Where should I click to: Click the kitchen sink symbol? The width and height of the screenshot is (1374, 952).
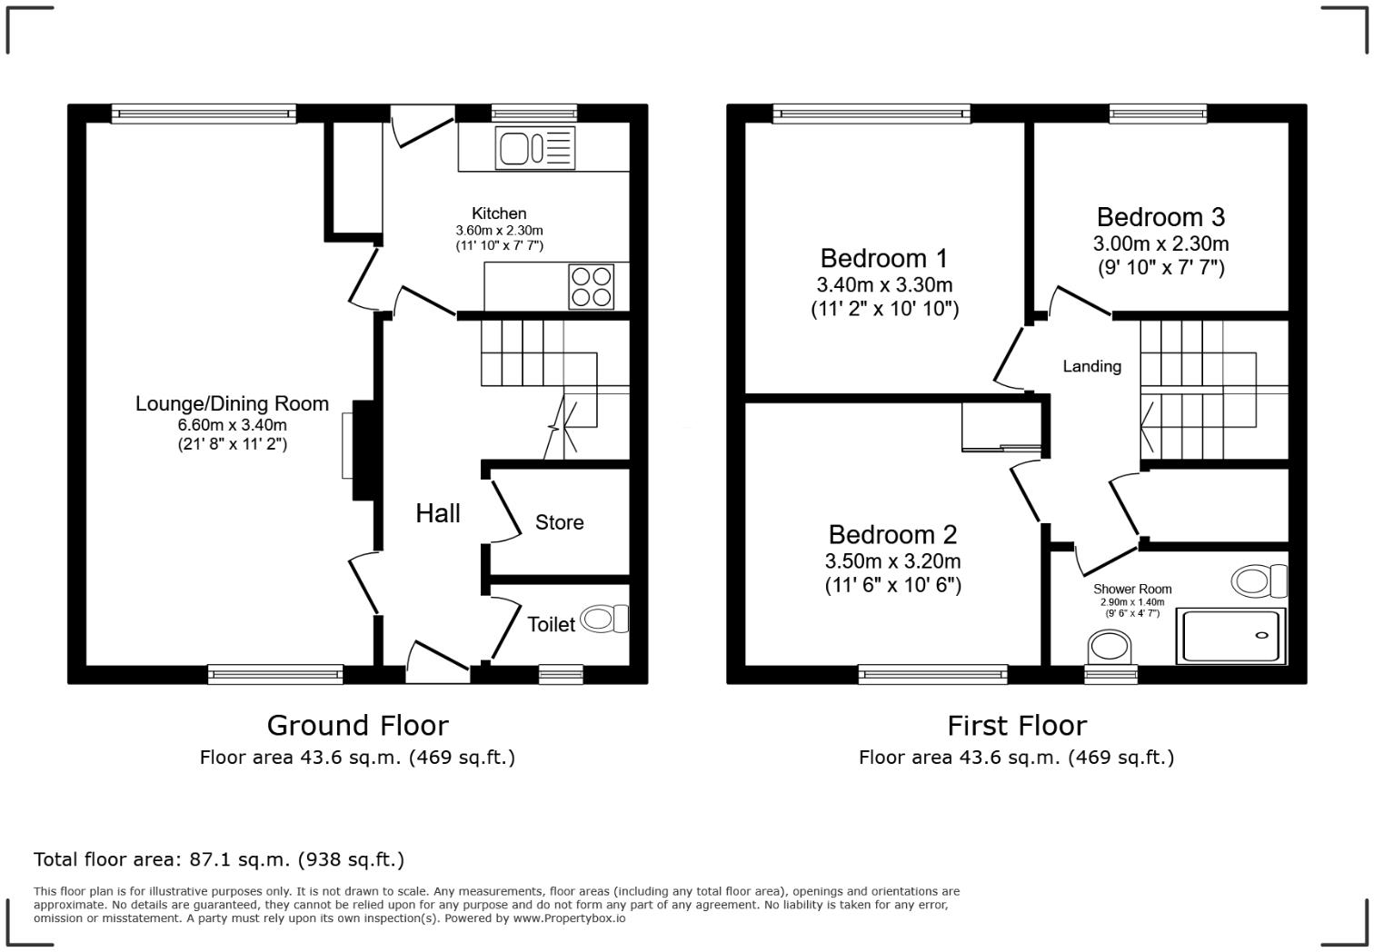pyautogui.click(x=535, y=148)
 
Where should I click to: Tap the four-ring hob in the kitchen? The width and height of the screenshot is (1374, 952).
pyautogui.click(x=592, y=286)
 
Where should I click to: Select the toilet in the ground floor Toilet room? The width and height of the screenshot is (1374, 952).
pyautogui.click(x=604, y=619)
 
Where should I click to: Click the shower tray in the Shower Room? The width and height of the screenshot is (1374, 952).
pyautogui.click(x=1230, y=636)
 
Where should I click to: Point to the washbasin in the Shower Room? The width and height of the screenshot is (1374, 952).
pyautogui.click(x=1110, y=648)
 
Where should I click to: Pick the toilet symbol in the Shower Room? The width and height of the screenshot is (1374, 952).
pyautogui.click(x=1259, y=580)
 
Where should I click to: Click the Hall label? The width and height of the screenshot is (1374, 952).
pyautogui.click(x=438, y=513)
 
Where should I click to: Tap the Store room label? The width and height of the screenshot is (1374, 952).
pyautogui.click(x=560, y=522)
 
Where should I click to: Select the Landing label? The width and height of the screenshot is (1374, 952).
pyautogui.click(x=1092, y=367)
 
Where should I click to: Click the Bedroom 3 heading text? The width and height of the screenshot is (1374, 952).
pyautogui.click(x=1160, y=217)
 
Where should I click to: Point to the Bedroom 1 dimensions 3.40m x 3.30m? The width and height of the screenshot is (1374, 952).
pyautogui.click(x=884, y=284)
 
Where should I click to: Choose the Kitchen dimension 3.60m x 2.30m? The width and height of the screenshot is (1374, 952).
pyautogui.click(x=499, y=231)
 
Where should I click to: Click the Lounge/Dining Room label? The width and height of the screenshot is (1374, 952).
pyautogui.click(x=232, y=403)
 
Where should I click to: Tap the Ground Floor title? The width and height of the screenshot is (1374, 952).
pyautogui.click(x=358, y=725)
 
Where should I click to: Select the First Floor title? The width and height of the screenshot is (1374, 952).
pyautogui.click(x=1017, y=725)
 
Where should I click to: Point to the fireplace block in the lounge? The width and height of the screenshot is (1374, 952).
pyautogui.click(x=363, y=451)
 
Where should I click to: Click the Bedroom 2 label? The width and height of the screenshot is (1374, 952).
pyautogui.click(x=892, y=534)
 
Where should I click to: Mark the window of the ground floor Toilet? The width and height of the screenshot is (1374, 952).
pyautogui.click(x=561, y=675)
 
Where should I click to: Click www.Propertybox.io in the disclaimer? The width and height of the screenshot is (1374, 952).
pyautogui.click(x=569, y=918)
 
